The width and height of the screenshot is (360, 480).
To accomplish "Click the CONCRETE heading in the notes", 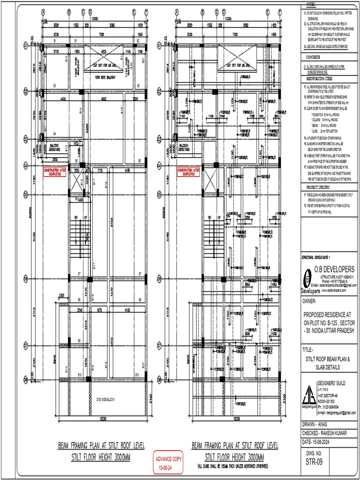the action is (310, 57).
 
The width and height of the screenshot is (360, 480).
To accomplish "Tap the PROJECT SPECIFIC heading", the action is (315, 187).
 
